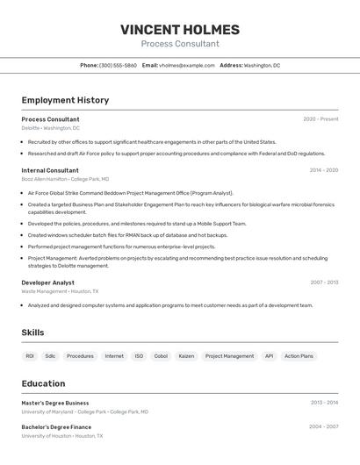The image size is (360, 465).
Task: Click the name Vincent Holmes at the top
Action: point(180,30)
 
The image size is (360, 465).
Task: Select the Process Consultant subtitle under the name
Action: point(180,44)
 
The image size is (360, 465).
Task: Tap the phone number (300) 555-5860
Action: point(118,65)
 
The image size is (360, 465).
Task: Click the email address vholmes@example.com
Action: point(186,65)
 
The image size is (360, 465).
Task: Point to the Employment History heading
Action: point(65,100)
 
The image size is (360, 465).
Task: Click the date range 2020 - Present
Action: point(320,119)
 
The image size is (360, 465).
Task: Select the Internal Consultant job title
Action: point(50,170)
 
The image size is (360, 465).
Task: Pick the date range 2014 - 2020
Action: point(323,170)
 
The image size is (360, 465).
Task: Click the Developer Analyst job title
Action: point(47,283)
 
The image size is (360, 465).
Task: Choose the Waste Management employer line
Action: point(60,291)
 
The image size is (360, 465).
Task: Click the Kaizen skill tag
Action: point(186,356)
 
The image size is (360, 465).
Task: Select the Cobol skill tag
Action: point(161,356)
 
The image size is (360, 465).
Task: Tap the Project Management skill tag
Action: point(229,356)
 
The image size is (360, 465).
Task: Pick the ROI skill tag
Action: point(30,356)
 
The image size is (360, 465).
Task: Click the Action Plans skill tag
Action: point(299,356)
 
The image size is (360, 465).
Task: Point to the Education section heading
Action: point(43,383)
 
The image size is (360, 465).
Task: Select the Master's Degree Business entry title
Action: point(55,403)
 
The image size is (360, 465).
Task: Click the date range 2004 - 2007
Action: point(323,427)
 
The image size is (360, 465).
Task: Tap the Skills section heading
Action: point(32,333)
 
